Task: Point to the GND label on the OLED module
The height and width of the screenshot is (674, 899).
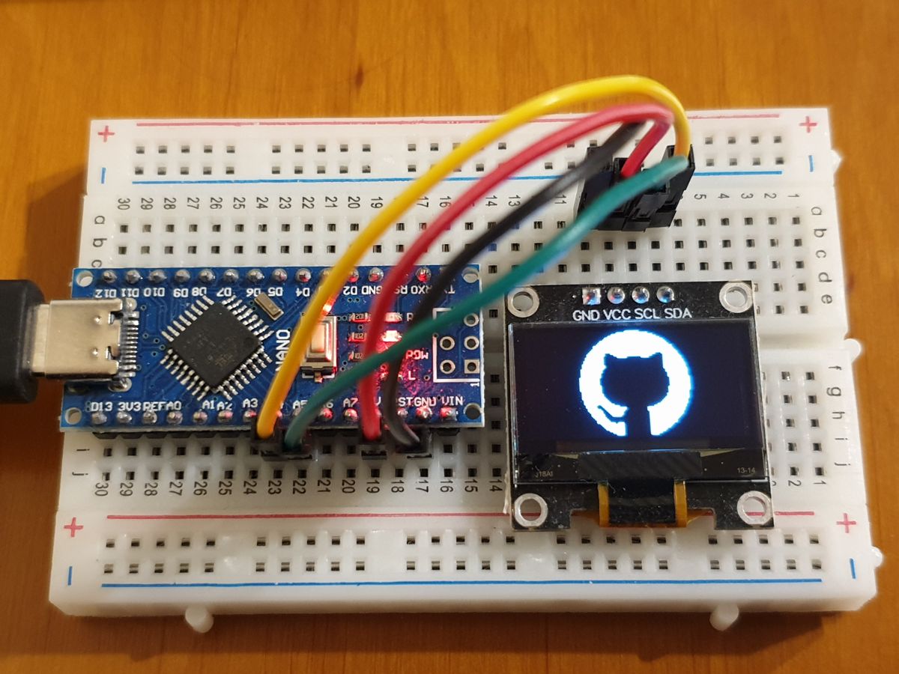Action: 587,315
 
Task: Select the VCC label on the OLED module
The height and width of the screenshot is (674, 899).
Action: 617,315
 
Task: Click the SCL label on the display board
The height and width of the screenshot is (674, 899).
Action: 647,315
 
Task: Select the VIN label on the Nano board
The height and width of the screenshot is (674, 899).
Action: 452,402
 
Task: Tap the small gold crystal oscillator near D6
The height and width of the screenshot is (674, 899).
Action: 264,303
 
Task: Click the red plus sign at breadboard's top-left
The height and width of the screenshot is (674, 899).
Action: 106,135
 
